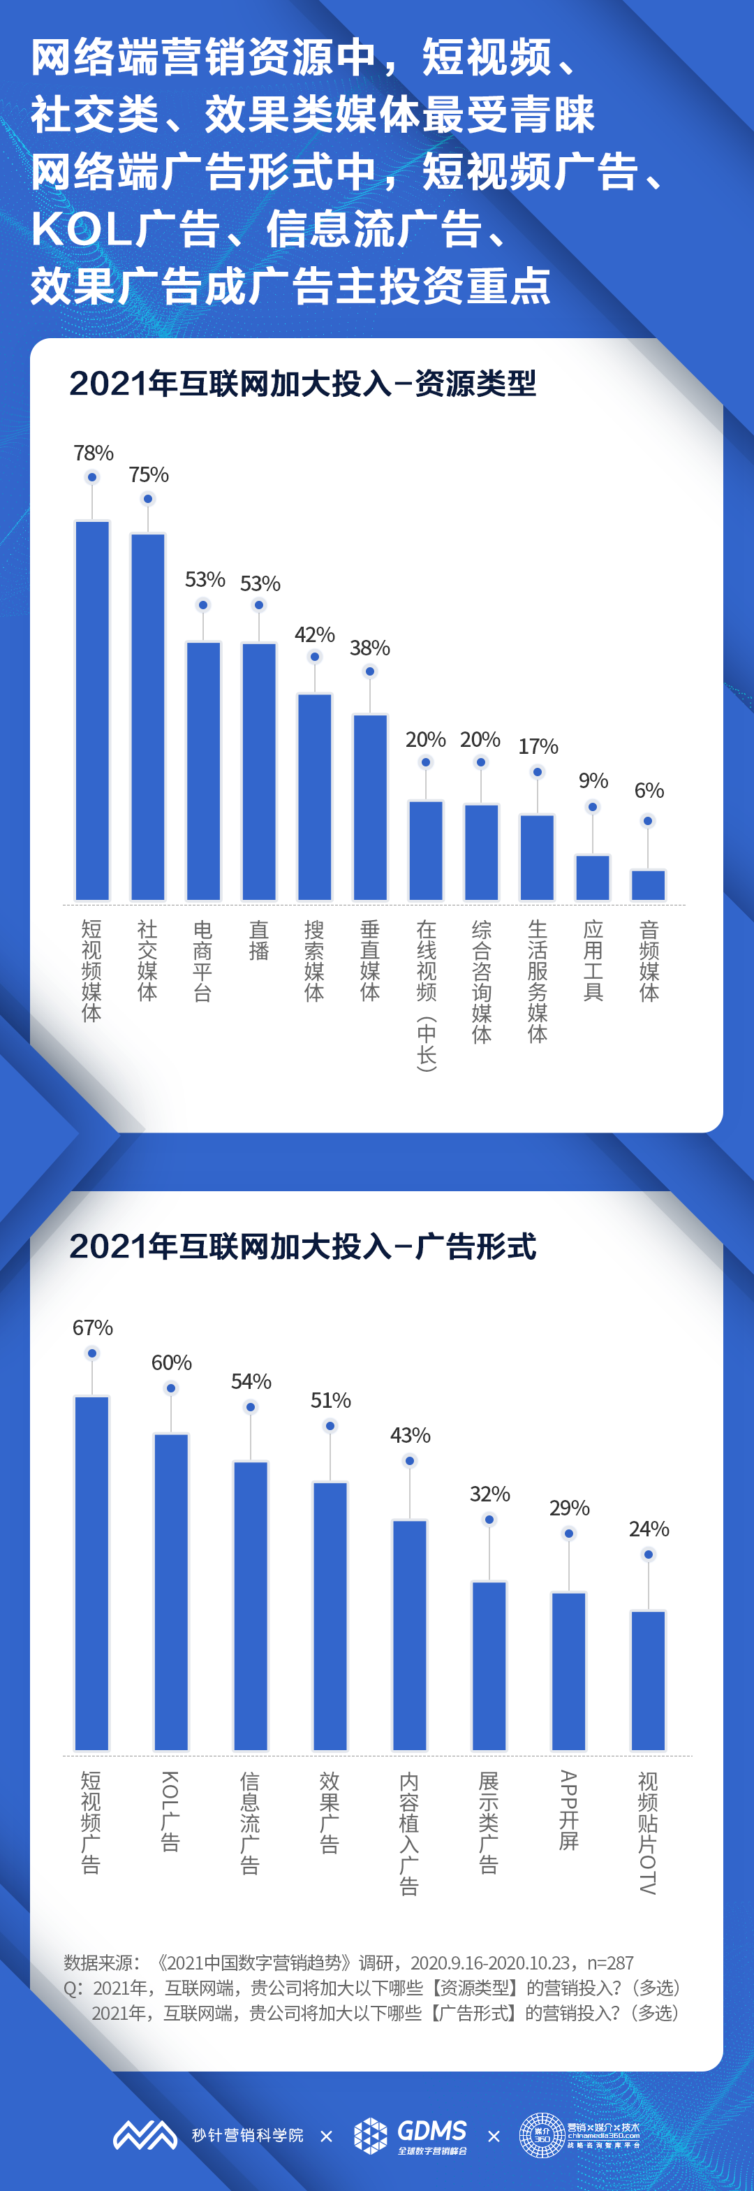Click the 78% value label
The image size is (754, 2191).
point(94,453)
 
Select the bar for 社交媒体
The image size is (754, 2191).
point(148,716)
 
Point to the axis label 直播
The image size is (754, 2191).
point(258,940)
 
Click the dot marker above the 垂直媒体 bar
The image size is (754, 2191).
point(370,671)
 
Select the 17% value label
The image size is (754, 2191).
point(538,747)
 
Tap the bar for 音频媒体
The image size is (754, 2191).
point(648,885)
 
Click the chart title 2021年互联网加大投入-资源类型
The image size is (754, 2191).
point(302,384)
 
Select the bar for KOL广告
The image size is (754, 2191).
point(171,1592)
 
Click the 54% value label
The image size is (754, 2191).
point(251,1381)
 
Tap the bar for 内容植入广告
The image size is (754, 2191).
point(410,1635)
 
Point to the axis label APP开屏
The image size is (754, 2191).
point(569,1810)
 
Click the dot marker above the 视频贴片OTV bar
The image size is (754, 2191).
point(649,1554)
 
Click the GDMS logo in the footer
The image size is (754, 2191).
point(411,2135)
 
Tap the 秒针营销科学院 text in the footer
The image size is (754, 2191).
point(247,2135)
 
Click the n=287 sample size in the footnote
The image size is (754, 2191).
point(610,1963)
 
